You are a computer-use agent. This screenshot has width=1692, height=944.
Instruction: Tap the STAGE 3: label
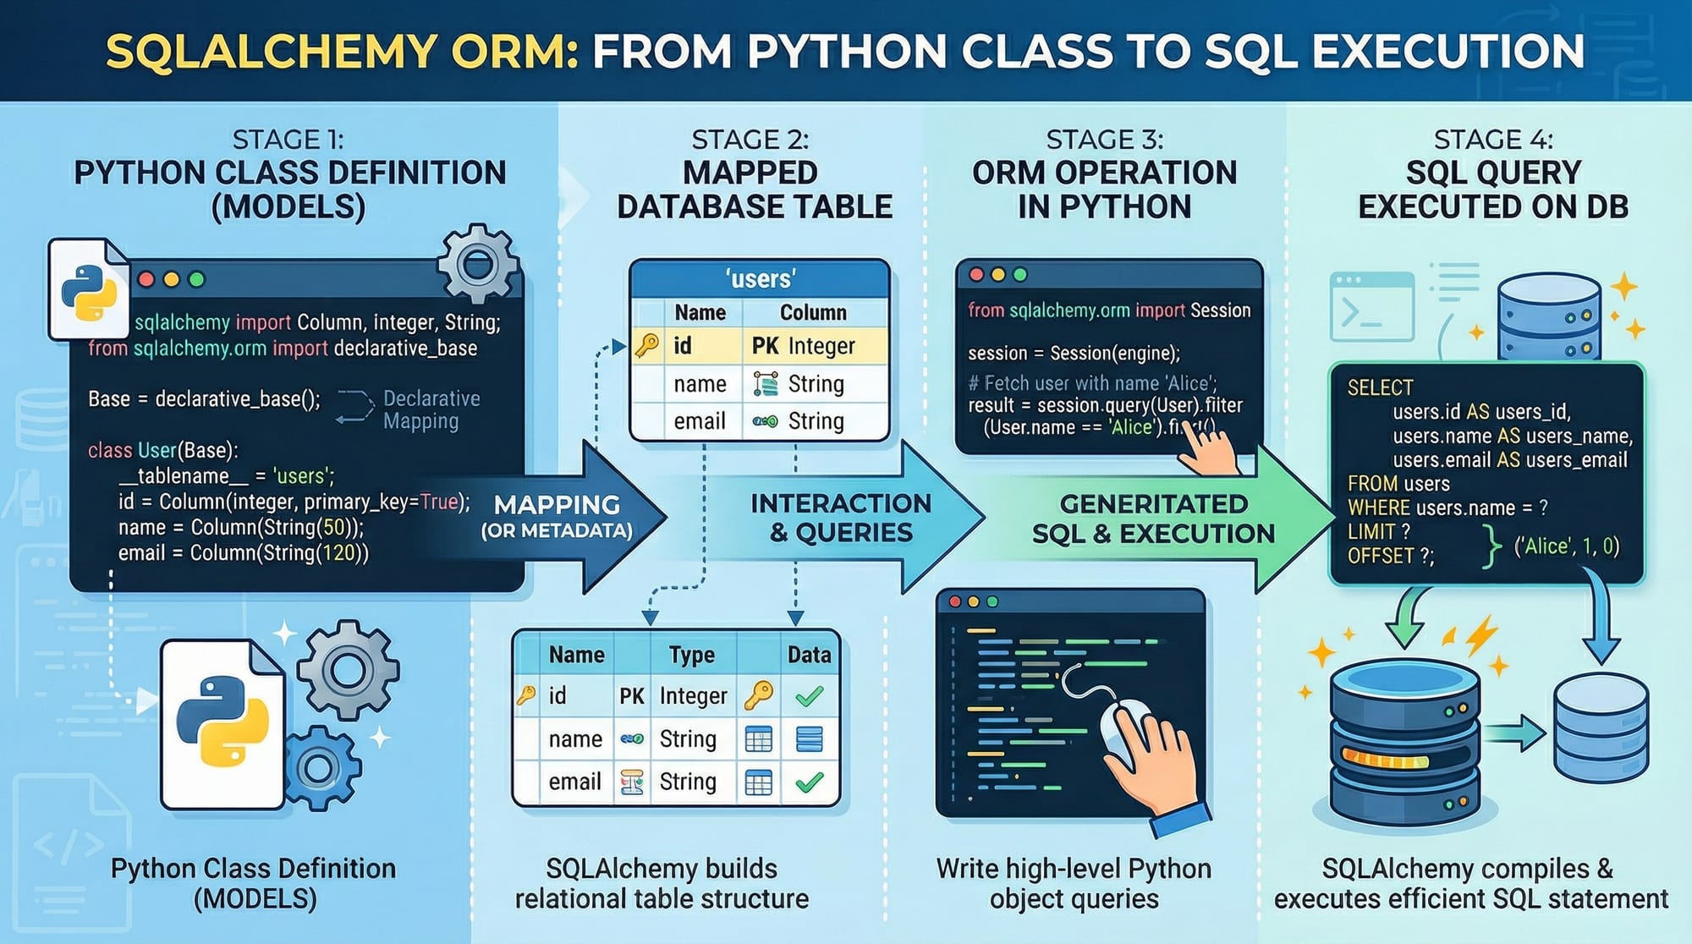tap(1104, 140)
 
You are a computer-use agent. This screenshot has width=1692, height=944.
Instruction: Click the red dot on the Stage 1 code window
tap(146, 279)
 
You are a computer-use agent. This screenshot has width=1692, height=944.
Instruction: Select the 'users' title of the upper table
tap(760, 279)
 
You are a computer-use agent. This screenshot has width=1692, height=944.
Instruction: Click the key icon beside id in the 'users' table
tap(647, 345)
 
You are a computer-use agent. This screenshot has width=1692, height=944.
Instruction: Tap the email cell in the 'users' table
tap(700, 421)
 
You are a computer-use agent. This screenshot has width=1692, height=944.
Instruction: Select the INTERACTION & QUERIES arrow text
tap(841, 518)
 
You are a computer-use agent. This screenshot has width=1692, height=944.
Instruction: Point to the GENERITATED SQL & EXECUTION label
tap(1153, 519)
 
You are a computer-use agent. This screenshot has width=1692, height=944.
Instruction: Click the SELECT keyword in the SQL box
tap(1380, 387)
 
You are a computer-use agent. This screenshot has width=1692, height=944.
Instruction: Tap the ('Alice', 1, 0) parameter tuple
tap(1566, 546)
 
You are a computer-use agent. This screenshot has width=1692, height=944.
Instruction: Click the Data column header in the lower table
tap(809, 655)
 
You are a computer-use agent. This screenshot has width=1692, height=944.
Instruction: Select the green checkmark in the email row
tap(810, 782)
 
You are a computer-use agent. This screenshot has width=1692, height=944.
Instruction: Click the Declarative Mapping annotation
tap(431, 409)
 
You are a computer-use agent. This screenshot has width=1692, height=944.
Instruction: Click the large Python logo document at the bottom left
tap(222, 723)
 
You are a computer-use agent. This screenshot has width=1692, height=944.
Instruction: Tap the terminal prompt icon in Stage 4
tap(1371, 306)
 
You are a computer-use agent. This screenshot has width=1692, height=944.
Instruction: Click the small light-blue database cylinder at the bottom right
tap(1601, 727)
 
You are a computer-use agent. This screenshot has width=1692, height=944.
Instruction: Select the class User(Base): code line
tap(162, 450)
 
